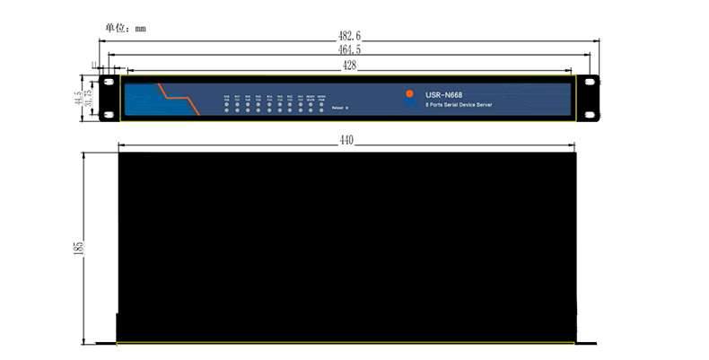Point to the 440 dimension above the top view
click(x=347, y=140)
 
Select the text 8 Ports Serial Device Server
click(x=459, y=105)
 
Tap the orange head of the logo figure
click(x=409, y=92)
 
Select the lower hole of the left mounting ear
click(x=108, y=114)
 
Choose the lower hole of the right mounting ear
click(x=591, y=114)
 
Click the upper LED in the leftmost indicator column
click(x=226, y=101)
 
